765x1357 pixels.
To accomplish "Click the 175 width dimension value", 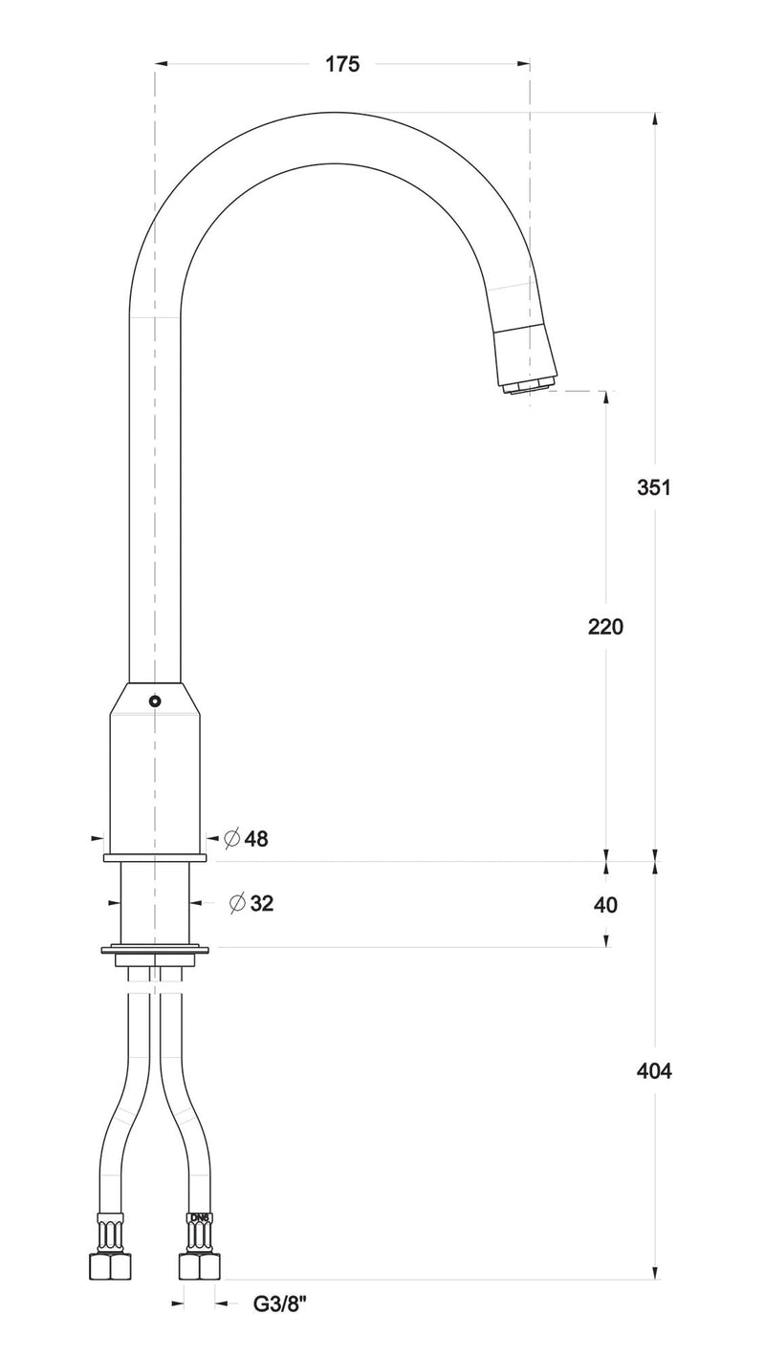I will click(x=342, y=64).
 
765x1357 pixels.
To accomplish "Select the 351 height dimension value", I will click(x=654, y=486).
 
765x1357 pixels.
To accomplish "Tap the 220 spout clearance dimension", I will click(x=605, y=627).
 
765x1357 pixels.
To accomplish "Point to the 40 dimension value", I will click(x=605, y=904).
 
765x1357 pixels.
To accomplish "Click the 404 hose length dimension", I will click(x=654, y=1071).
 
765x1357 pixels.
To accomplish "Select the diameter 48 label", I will click(x=255, y=839).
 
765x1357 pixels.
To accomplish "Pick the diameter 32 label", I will click(x=261, y=903).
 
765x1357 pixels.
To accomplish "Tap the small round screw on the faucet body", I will click(x=155, y=700).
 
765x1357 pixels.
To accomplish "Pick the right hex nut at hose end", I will click(x=200, y=1266).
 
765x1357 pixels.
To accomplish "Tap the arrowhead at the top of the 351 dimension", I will click(x=654, y=118).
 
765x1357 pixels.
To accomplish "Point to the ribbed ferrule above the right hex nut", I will click(x=200, y=1234).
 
